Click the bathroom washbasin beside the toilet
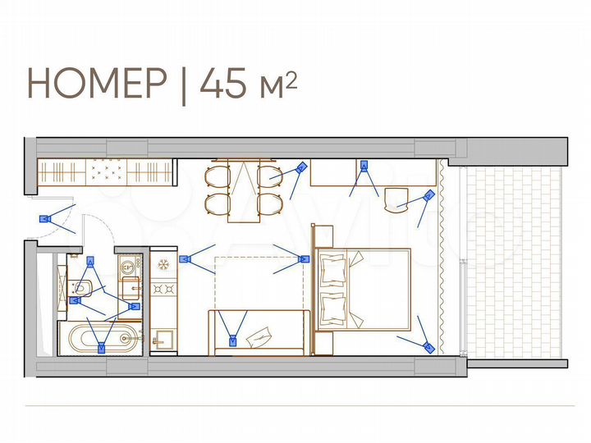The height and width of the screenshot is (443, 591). tap(129, 265)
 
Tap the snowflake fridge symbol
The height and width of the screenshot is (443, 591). tap(163, 264)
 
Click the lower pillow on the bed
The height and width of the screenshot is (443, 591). tap(333, 307)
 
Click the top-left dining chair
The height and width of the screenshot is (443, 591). tap(218, 176)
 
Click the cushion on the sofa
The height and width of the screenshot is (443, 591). tap(262, 335)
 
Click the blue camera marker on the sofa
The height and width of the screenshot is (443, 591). tap(233, 338)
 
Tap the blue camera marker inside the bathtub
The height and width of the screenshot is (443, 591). tap(102, 348)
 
